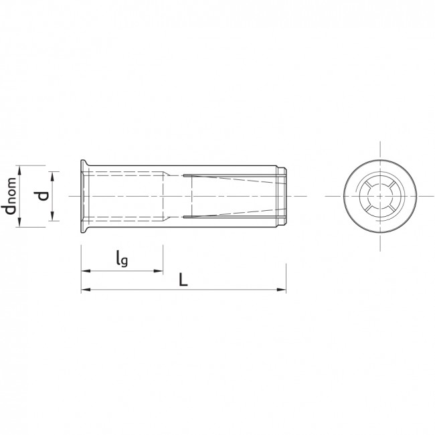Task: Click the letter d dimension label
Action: [43, 196]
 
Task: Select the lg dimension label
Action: [122, 258]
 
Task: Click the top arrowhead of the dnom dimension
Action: [19, 170]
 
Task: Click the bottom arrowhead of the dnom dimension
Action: [19, 222]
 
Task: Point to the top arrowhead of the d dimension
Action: [53, 176]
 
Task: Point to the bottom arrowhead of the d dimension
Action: [53, 216]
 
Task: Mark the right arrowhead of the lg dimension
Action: [158, 271]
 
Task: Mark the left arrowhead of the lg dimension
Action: [86, 271]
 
